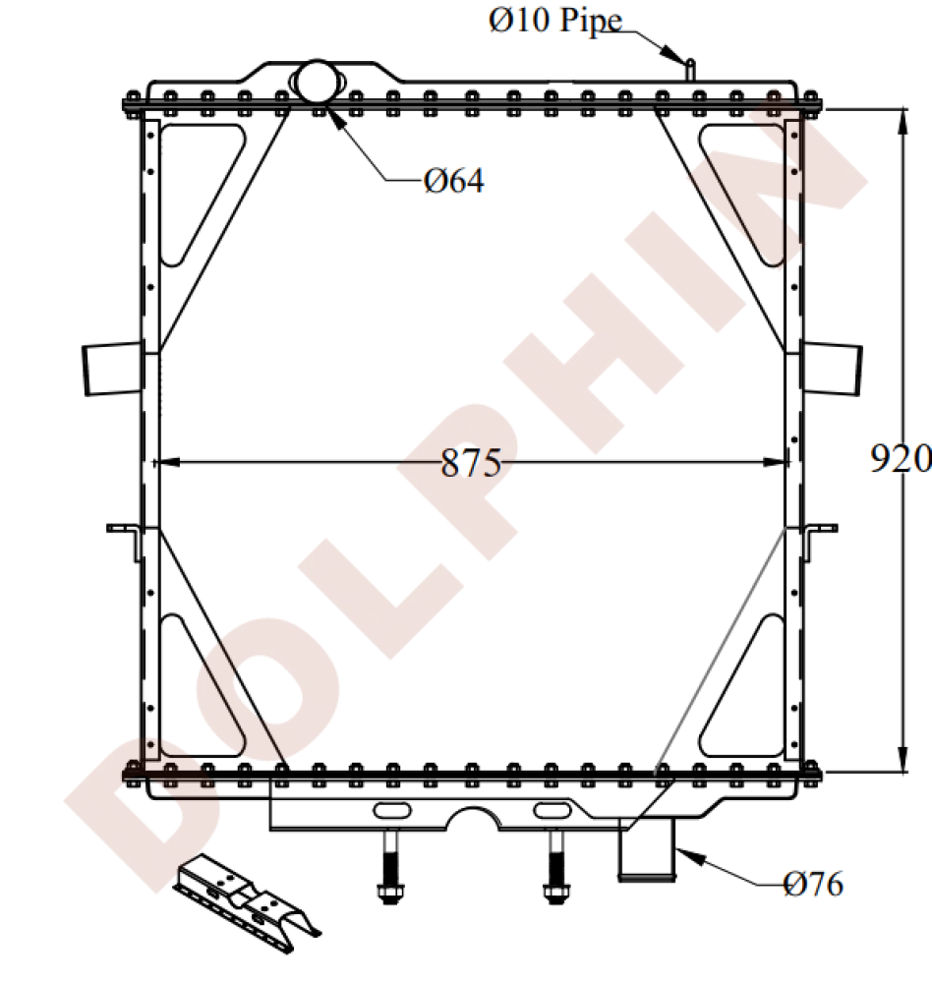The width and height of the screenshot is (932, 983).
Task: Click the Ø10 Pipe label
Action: tap(555, 21)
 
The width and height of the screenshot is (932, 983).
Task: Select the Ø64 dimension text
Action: tap(454, 181)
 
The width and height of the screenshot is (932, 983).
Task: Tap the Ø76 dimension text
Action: tap(813, 885)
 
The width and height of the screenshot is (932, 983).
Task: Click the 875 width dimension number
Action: tap(471, 463)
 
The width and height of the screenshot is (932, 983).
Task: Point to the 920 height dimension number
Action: tap(901, 458)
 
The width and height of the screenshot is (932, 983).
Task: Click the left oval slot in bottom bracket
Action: tap(392, 810)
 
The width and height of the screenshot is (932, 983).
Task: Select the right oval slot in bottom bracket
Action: tap(552, 810)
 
